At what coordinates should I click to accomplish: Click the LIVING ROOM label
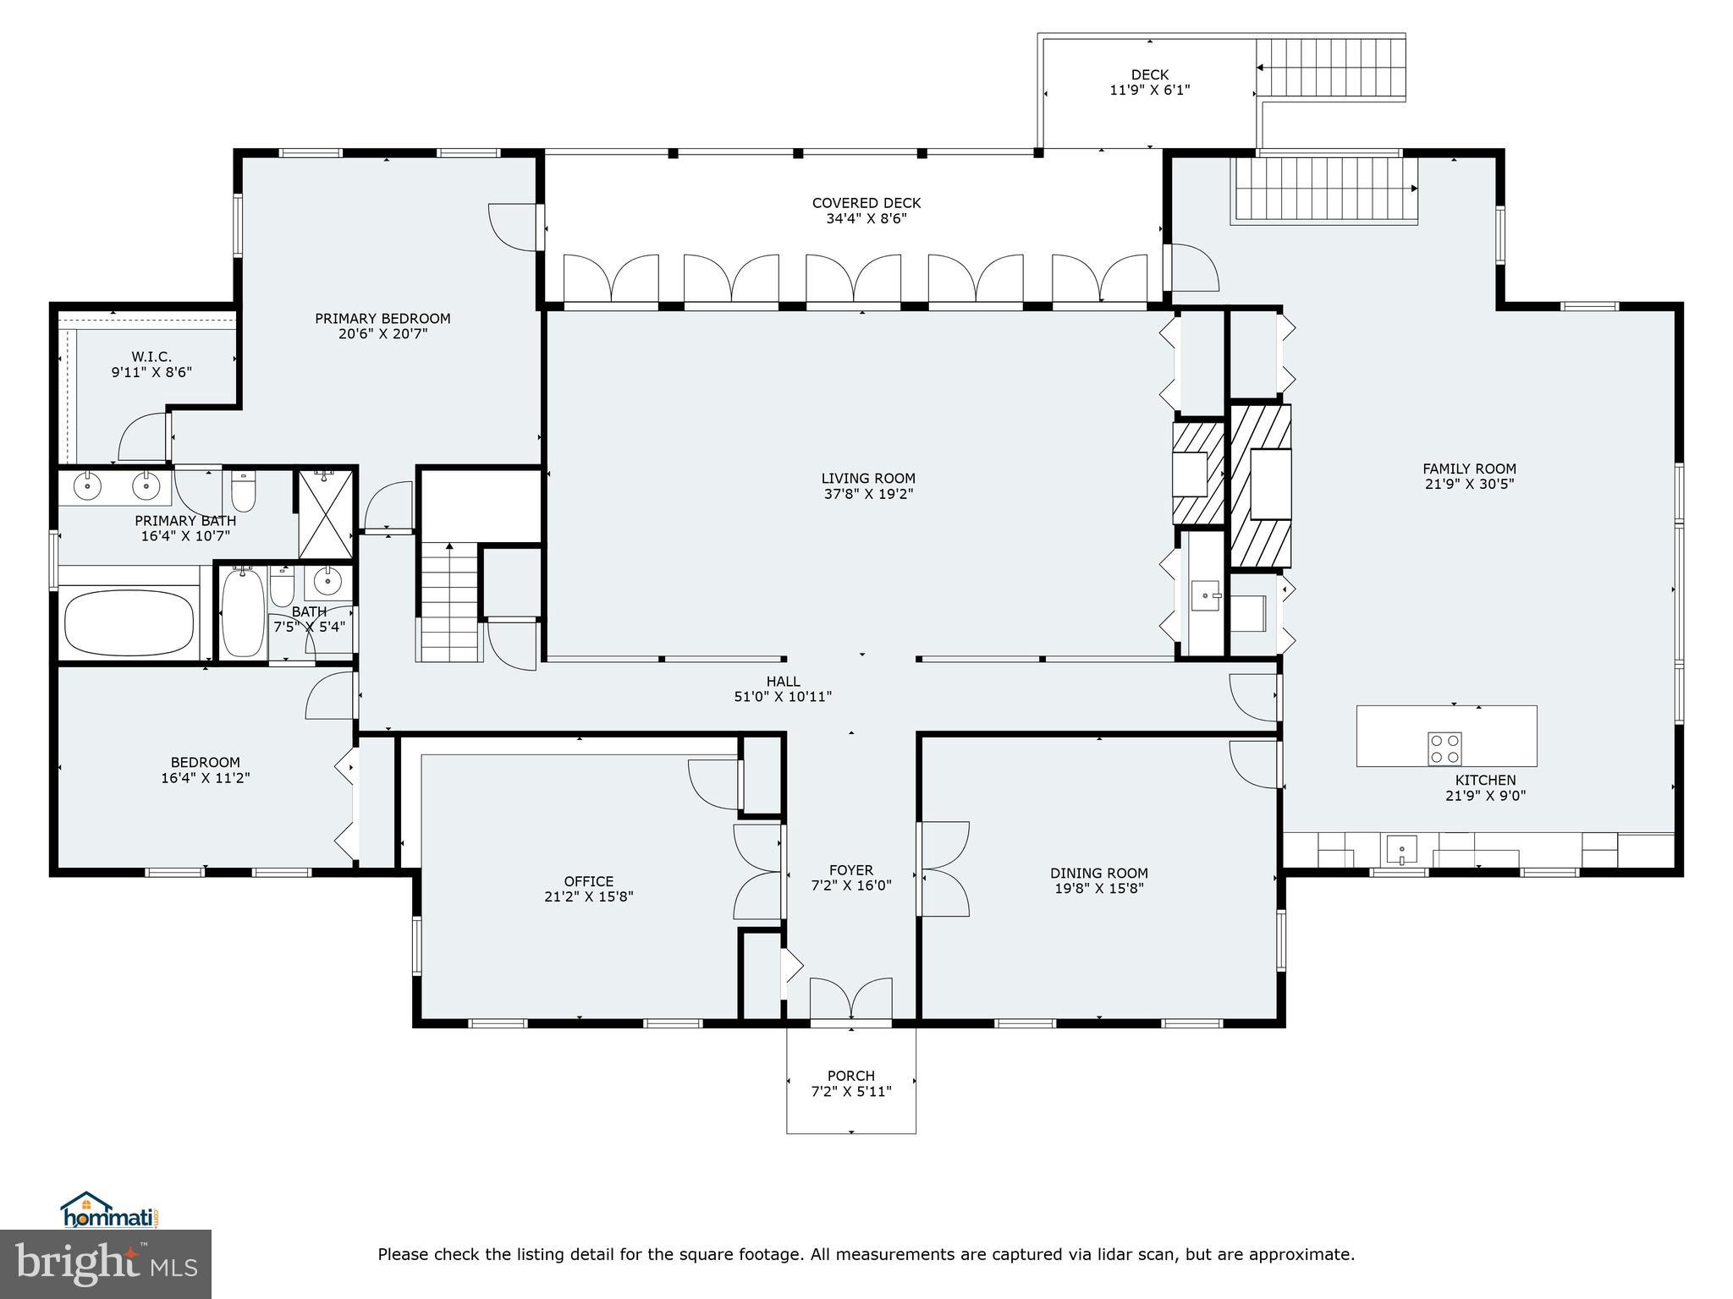click(x=868, y=478)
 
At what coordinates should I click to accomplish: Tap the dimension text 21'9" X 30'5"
click(x=1469, y=485)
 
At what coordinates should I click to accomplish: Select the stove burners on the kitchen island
click(x=1444, y=748)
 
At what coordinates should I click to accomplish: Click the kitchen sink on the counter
click(x=1401, y=849)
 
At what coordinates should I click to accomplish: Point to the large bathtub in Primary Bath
click(x=129, y=623)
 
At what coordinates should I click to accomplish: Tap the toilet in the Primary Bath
click(x=244, y=491)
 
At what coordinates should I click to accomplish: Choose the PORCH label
click(x=850, y=1076)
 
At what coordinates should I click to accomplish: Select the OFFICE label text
click(x=589, y=881)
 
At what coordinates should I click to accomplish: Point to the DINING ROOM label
click(x=1099, y=873)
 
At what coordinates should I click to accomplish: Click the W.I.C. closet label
click(x=151, y=357)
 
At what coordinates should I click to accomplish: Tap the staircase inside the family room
click(x=1323, y=189)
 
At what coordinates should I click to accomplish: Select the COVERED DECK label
click(x=866, y=203)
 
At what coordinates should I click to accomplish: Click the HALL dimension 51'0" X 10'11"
click(x=783, y=697)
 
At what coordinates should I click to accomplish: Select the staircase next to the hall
click(x=448, y=601)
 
